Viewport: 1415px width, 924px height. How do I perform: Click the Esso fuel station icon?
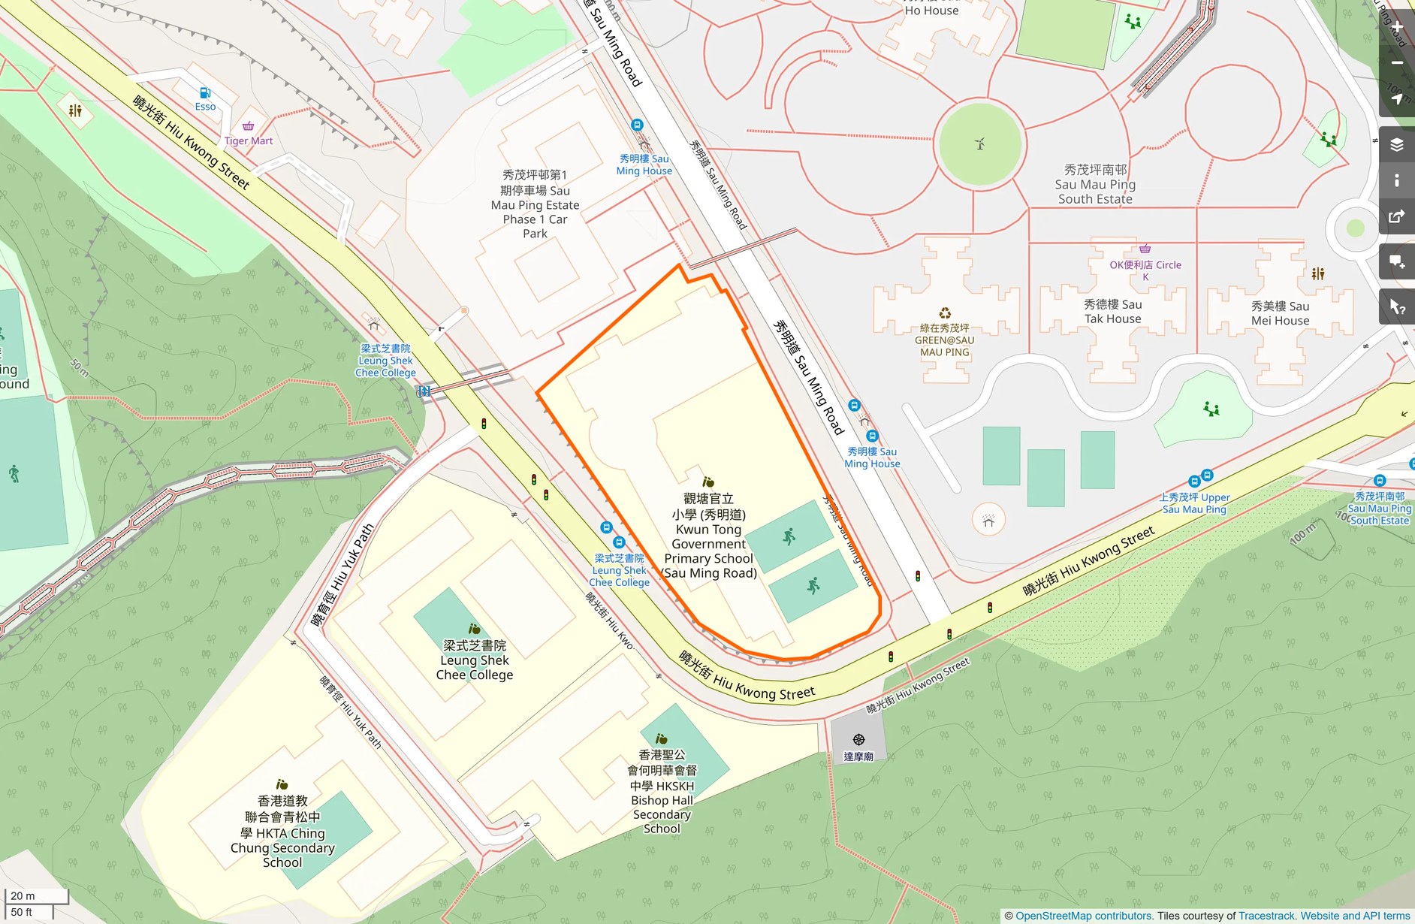pyautogui.click(x=204, y=93)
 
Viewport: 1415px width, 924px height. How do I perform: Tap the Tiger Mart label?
pyautogui.click(x=249, y=140)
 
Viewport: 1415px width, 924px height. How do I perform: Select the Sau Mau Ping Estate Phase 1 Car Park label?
pyautogui.click(x=535, y=204)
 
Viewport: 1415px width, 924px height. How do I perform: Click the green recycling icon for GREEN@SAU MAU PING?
pyautogui.click(x=945, y=313)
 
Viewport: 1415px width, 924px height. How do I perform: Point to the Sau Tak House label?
pyautogui.click(x=1112, y=312)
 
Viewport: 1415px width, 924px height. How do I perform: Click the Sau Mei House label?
pyautogui.click(x=1280, y=313)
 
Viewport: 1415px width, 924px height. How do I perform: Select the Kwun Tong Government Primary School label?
pyautogui.click(x=708, y=536)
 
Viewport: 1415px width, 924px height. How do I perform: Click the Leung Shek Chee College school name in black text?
pyautogui.click(x=475, y=660)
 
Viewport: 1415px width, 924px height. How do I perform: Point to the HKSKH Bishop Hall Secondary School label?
pyautogui.click(x=662, y=792)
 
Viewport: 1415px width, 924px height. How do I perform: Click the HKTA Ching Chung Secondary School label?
pyautogui.click(x=282, y=832)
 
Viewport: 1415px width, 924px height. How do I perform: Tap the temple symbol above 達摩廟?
pyautogui.click(x=858, y=740)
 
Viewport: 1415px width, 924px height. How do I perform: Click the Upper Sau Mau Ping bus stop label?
pyautogui.click(x=1194, y=503)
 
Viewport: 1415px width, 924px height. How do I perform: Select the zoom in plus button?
pyautogui.click(x=1397, y=28)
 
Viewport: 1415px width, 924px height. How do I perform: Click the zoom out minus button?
pyautogui.click(x=1397, y=63)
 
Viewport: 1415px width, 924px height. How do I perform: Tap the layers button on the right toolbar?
pyautogui.click(x=1397, y=145)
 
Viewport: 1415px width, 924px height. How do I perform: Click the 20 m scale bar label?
pyautogui.click(x=23, y=895)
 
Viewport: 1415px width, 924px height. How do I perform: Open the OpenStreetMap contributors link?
pyautogui.click(x=1083, y=916)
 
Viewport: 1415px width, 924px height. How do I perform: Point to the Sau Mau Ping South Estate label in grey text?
pyautogui.click(x=1095, y=185)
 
